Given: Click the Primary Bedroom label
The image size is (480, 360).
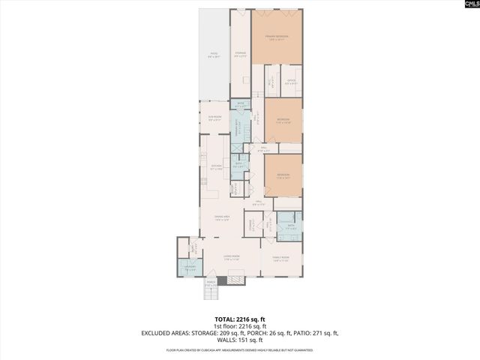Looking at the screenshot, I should pyautogui.click(x=277, y=37).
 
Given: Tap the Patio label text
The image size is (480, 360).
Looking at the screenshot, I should pyautogui.click(x=214, y=55).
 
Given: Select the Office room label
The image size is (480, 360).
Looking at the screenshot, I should pyautogui.click(x=292, y=82).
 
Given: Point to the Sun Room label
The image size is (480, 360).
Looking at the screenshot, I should pyautogui.click(x=214, y=118).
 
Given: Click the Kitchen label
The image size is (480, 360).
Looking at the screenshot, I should pyautogui.click(x=217, y=168).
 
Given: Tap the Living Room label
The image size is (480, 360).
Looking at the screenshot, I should pyautogui.click(x=230, y=257).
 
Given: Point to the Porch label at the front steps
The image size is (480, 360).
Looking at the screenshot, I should pyautogui.click(x=211, y=284).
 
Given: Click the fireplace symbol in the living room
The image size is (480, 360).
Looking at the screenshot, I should pyautogui.click(x=235, y=278).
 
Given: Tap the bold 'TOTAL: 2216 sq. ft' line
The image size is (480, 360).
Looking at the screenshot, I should pyautogui.click(x=239, y=319).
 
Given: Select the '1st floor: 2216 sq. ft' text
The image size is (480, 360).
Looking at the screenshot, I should pyautogui.click(x=239, y=326).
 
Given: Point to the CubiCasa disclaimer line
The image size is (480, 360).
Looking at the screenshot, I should pyautogui.click(x=239, y=349).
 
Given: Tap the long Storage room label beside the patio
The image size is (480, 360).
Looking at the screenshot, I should pyautogui.click(x=240, y=54).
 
